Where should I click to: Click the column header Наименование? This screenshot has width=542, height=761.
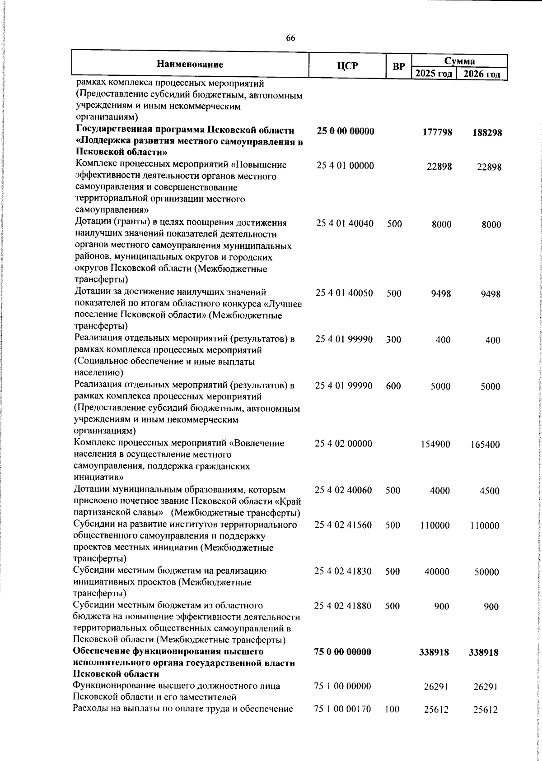(190, 65)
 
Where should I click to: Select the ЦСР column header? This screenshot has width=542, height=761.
(347, 66)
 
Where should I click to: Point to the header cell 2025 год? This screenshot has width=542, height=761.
(434, 74)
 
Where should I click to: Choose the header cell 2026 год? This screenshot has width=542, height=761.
(482, 74)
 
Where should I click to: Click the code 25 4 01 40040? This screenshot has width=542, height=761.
(345, 223)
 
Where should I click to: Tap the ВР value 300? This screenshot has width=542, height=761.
(394, 339)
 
